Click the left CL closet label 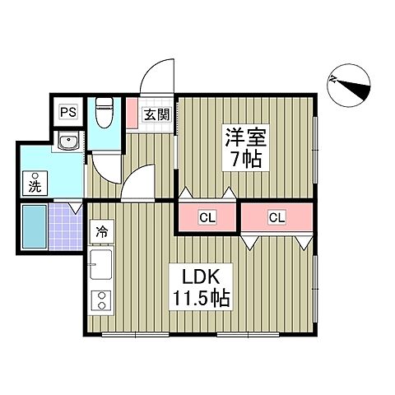click(x=207, y=217)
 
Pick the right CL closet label click(x=276, y=217)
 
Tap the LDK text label click(x=198, y=276)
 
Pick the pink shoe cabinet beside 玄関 click(x=133, y=114)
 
